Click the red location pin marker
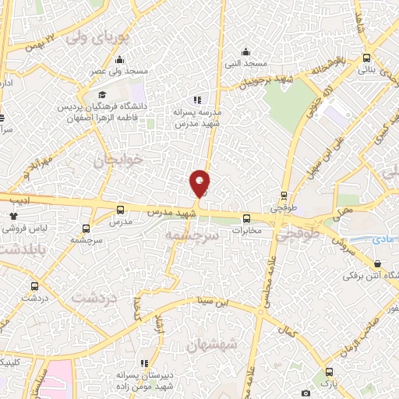tap(200, 183)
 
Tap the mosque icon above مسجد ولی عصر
tap(118, 60)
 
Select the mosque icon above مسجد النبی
tap(249, 51)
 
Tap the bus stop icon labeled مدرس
tap(119, 209)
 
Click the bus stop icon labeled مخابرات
tap(246, 219)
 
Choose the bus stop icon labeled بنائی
tap(366, 58)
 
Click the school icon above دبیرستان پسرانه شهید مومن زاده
tap(144, 362)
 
